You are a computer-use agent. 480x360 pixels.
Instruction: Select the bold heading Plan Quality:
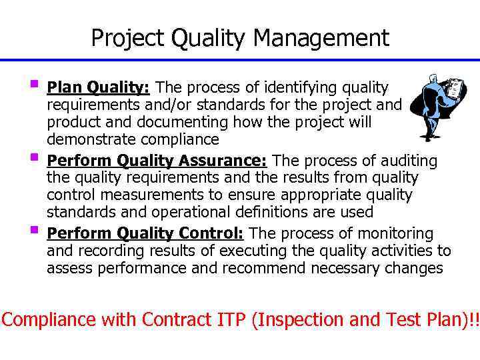[101, 87]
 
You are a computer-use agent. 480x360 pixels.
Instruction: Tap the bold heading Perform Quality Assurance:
[157, 161]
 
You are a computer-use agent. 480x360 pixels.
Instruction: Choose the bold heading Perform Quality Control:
[145, 233]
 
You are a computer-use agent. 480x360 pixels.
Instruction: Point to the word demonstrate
[91, 139]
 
